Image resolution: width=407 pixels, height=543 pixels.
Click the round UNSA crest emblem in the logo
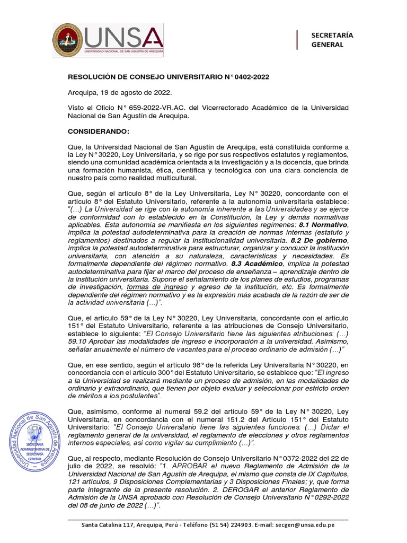[67, 41]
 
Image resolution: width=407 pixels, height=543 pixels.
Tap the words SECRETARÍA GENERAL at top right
[332, 40]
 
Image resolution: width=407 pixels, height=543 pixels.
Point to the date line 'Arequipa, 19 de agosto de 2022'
[119, 92]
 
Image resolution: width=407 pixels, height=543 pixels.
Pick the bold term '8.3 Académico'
[256, 264]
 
